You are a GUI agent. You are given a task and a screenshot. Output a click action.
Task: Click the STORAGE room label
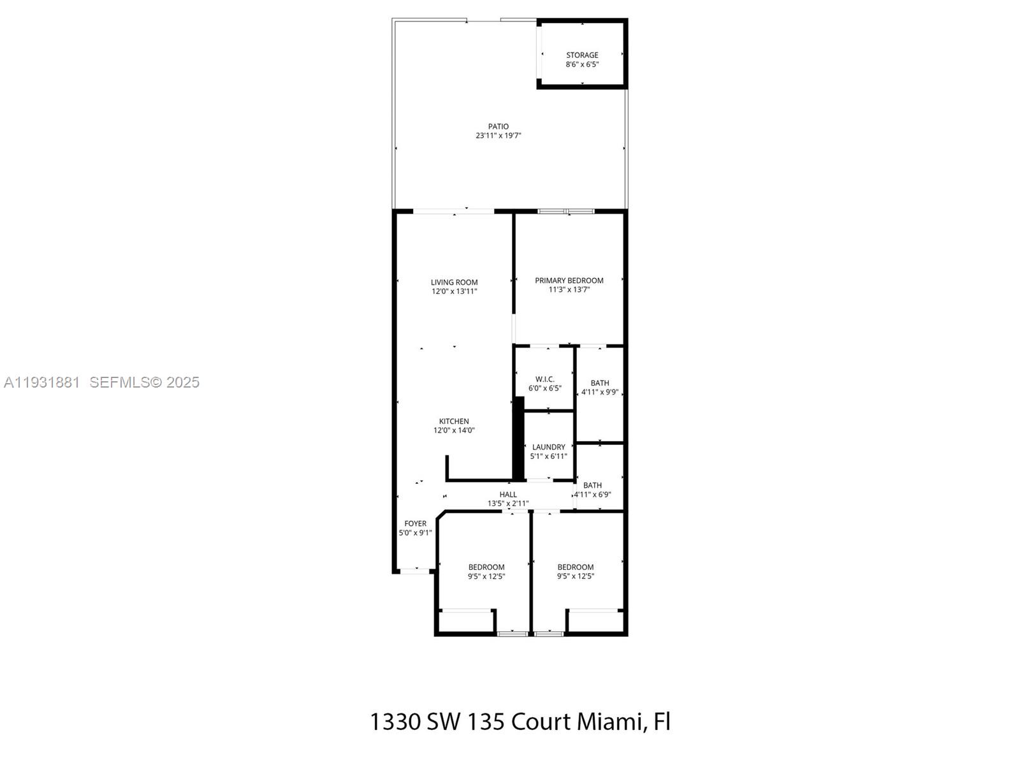582,55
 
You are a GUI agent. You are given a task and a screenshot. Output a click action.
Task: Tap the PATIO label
499,127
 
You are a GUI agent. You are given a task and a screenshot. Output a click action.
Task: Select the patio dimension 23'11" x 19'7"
499,136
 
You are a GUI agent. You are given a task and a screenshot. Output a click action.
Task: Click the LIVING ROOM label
454,282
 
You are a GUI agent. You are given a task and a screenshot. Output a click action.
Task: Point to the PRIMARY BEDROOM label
569,280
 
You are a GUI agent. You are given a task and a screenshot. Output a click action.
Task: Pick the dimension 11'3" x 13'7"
569,289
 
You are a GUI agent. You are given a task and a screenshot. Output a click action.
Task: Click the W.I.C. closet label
545,379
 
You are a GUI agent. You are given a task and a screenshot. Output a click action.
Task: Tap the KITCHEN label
454,421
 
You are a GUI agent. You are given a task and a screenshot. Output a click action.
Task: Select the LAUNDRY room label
548,448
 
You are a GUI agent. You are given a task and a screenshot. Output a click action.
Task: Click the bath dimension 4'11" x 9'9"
599,392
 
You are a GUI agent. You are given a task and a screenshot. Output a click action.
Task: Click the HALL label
508,495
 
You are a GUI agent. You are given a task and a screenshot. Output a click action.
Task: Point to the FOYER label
415,524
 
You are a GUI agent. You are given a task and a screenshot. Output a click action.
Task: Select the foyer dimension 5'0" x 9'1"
415,533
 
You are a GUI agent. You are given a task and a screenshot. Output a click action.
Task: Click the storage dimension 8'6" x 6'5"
582,64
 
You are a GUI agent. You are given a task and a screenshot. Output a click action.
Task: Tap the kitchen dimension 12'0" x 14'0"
454,430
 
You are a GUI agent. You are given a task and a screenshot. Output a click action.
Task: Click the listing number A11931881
41,382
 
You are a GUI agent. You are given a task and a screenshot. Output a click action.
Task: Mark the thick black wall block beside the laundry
519,439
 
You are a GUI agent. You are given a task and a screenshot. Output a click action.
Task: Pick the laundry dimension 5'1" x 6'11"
548,456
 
